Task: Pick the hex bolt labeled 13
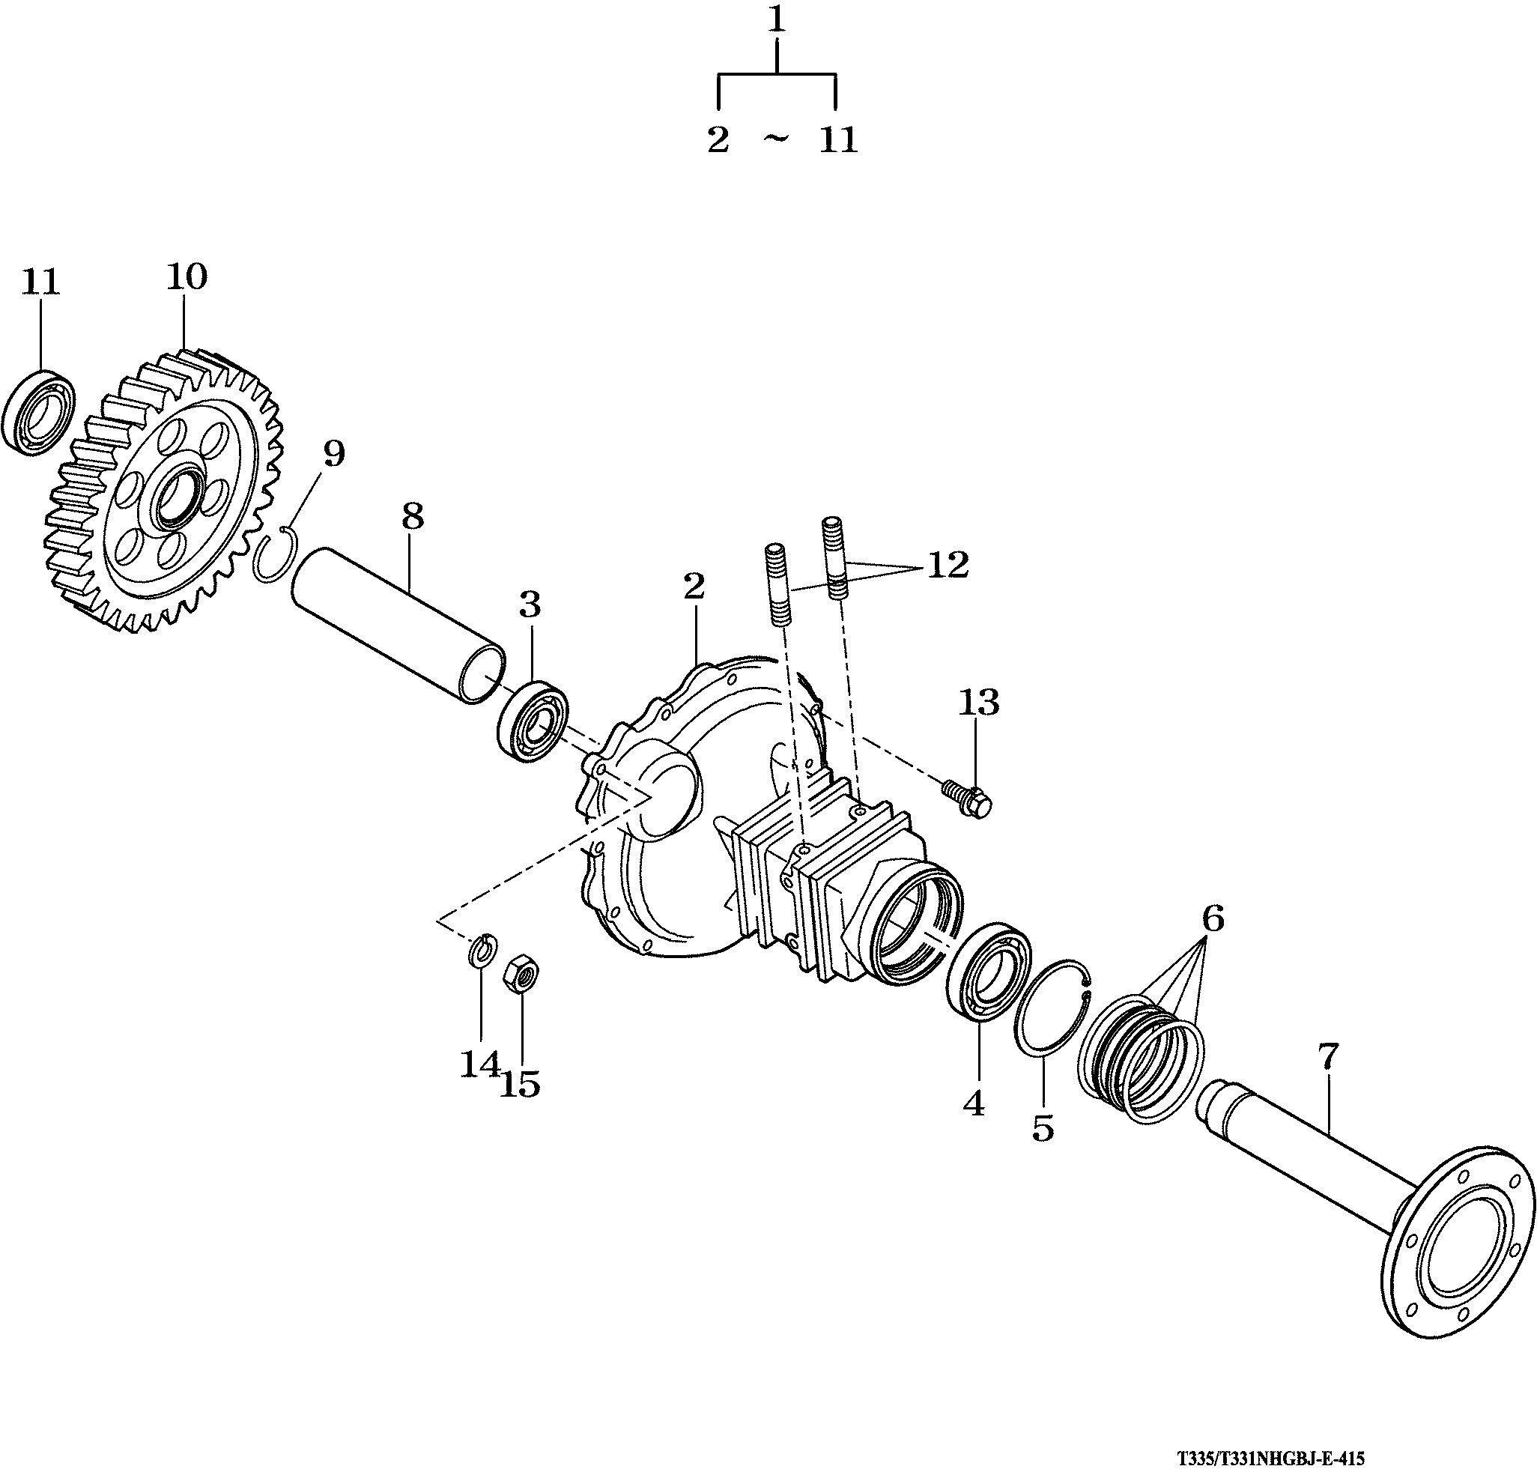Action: click(x=969, y=797)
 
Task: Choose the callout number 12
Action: click(x=948, y=566)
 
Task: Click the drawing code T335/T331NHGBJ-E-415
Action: click(x=1270, y=1459)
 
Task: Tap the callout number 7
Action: click(x=1327, y=1057)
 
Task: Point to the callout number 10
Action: click(x=187, y=276)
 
